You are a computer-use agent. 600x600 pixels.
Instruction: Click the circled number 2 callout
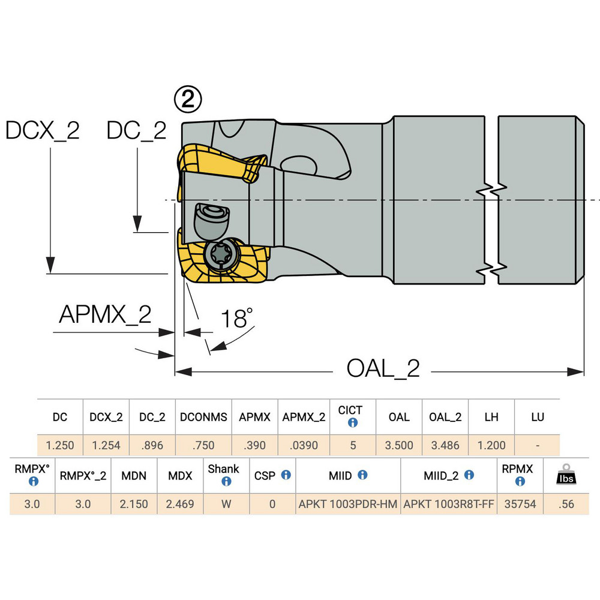[188, 99]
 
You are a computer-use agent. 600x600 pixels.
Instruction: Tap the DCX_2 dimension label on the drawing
[43, 131]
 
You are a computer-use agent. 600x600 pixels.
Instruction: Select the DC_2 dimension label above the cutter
[137, 131]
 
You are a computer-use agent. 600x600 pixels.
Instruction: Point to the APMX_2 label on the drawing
[105, 315]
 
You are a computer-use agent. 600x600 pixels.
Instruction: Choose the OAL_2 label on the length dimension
[383, 368]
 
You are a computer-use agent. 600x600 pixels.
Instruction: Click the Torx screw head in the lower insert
[221, 254]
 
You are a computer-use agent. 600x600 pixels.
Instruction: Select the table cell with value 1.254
[106, 445]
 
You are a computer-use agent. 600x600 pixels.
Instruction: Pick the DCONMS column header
[203, 417]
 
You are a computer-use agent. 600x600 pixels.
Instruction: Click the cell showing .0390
[304, 445]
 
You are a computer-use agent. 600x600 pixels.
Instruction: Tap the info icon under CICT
[353, 423]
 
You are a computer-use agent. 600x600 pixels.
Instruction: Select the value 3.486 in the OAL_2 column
[445, 445]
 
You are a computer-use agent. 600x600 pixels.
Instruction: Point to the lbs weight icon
[566, 475]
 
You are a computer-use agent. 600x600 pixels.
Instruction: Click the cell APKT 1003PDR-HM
[348, 504]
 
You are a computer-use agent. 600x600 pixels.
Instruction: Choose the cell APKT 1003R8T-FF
[449, 504]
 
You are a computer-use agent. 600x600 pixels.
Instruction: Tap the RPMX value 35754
[520, 504]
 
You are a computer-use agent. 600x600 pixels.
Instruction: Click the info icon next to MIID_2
[469, 475]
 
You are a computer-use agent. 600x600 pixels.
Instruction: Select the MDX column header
[180, 476]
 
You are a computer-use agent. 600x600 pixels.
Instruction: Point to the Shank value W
[226, 504]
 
